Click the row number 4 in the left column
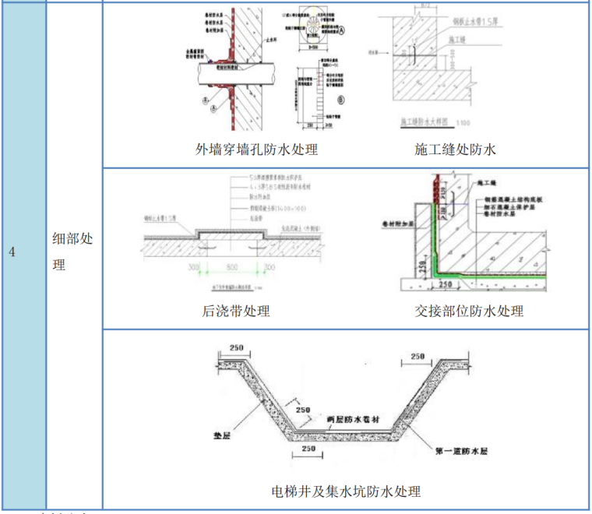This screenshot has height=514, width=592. point(12,252)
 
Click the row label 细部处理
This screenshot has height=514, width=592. point(72,252)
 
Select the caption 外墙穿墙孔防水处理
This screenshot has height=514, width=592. point(256,149)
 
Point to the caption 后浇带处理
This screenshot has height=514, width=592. point(236,311)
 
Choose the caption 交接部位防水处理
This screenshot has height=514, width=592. point(468,311)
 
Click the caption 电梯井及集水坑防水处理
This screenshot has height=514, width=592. point(346,491)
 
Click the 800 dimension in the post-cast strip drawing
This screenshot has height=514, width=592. point(233,267)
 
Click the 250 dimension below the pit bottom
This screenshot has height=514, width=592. point(309,449)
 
